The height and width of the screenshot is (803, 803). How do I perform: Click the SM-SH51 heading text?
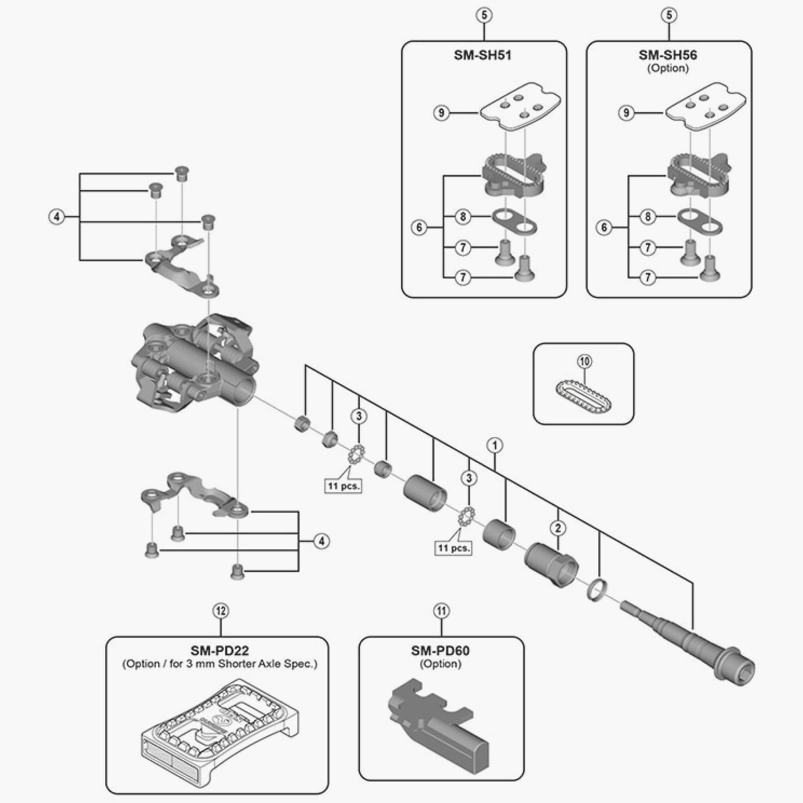(483, 55)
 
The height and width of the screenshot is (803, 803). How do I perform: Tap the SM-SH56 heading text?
(668, 55)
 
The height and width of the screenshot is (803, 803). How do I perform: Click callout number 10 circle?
(584, 362)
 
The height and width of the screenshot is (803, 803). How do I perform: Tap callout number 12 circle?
(221, 611)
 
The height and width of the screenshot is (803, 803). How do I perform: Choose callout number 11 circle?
(441, 611)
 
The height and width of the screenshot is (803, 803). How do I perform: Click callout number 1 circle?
(495, 446)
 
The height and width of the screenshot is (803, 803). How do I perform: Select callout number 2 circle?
(558, 528)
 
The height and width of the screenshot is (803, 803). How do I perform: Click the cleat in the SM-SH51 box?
(513, 175)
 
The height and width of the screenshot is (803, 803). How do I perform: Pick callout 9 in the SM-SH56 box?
(626, 113)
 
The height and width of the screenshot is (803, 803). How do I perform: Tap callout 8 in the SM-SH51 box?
(463, 216)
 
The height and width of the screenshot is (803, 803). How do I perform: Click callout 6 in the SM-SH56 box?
(604, 227)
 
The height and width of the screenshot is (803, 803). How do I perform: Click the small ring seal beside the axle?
(597, 591)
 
